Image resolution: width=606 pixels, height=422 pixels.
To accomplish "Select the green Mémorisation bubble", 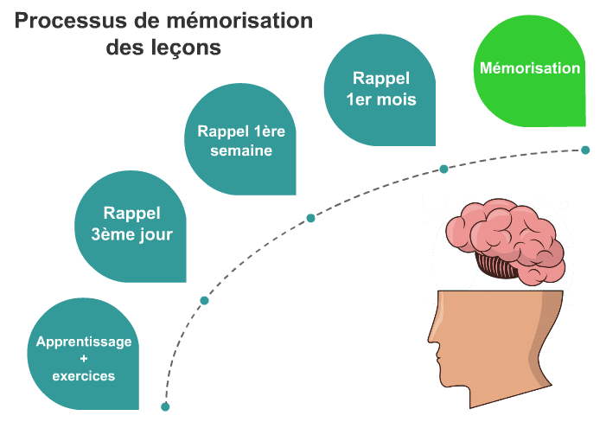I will (530, 69).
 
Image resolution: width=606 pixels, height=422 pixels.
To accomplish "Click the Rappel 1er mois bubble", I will (380, 87).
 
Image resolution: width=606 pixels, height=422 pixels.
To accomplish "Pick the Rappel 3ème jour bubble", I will (132, 224).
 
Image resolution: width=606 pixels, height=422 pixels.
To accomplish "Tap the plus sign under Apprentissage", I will (84, 358).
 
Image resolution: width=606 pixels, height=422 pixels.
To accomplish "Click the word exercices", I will (84, 376).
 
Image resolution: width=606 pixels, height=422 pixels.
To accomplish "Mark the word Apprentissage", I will (84, 342).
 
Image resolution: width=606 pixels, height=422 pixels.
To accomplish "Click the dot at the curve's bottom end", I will (165, 406).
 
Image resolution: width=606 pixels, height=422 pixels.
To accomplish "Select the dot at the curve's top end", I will (585, 150).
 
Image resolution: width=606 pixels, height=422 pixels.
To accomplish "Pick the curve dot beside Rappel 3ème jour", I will (204, 301).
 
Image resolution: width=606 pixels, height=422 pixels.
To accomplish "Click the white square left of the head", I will (341, 305).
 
